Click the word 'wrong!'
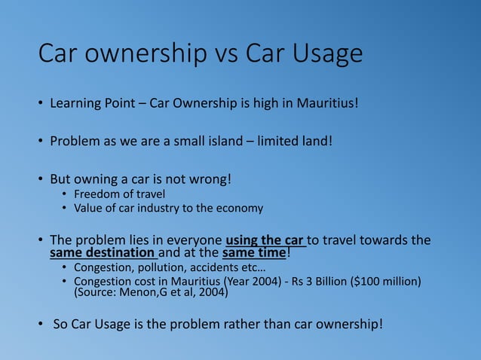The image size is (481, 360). pyautogui.click(x=207, y=181)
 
